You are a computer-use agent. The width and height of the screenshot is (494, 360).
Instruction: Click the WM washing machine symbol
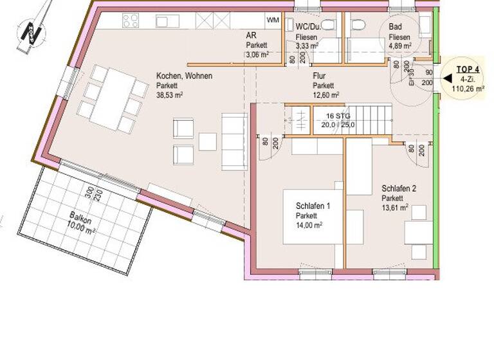pyautogui.click(x=273, y=21)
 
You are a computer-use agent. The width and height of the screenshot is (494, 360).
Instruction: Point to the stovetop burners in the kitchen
pyautogui.click(x=130, y=21)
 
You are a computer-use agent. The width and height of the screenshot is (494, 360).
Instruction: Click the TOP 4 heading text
pyautogui.click(x=468, y=69)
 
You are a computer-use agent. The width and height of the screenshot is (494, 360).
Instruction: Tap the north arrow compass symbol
pyautogui.click(x=28, y=30)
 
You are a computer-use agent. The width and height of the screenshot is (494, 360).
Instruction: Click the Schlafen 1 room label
pyautogui.click(x=313, y=206)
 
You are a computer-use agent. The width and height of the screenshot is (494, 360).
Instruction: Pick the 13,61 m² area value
pyautogui.click(x=395, y=208)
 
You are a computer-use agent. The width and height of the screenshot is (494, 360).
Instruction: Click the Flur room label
pyautogui.click(x=320, y=76)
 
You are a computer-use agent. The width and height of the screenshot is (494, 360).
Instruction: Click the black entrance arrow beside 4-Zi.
pyautogui.click(x=447, y=79)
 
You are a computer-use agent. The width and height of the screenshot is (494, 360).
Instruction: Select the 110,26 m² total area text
pyautogui.click(x=468, y=89)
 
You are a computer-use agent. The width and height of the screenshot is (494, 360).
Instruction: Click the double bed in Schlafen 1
pyautogui.click(x=313, y=215)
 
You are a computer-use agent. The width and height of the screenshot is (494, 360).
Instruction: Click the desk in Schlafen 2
pyautogui.click(x=418, y=233)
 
